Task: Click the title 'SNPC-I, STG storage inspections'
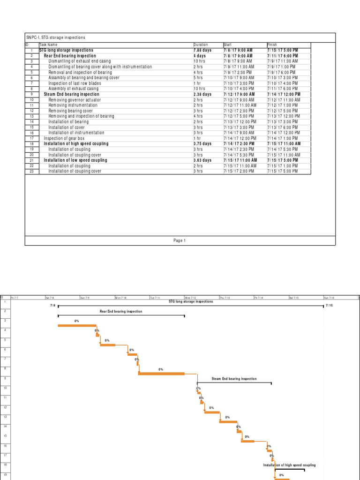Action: click(x=55, y=37)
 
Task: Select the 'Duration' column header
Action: click(x=201, y=45)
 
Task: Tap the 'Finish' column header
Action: click(x=272, y=45)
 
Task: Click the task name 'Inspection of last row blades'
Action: click(x=75, y=83)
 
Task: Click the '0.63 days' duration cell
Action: click(x=202, y=160)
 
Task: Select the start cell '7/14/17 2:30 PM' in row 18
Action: click(x=239, y=144)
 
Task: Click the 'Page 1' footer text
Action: click(x=180, y=240)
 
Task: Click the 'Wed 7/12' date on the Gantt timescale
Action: click(x=190, y=298)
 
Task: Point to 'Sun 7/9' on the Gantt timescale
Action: click(x=85, y=298)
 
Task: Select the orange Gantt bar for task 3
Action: click(x=76, y=325)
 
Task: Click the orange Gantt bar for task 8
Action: click(x=161, y=374)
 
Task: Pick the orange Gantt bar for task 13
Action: click(x=228, y=422)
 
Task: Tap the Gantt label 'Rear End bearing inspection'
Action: click(x=121, y=311)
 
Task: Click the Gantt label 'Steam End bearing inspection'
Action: click(x=234, y=379)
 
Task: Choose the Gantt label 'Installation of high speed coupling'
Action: click(x=289, y=465)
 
